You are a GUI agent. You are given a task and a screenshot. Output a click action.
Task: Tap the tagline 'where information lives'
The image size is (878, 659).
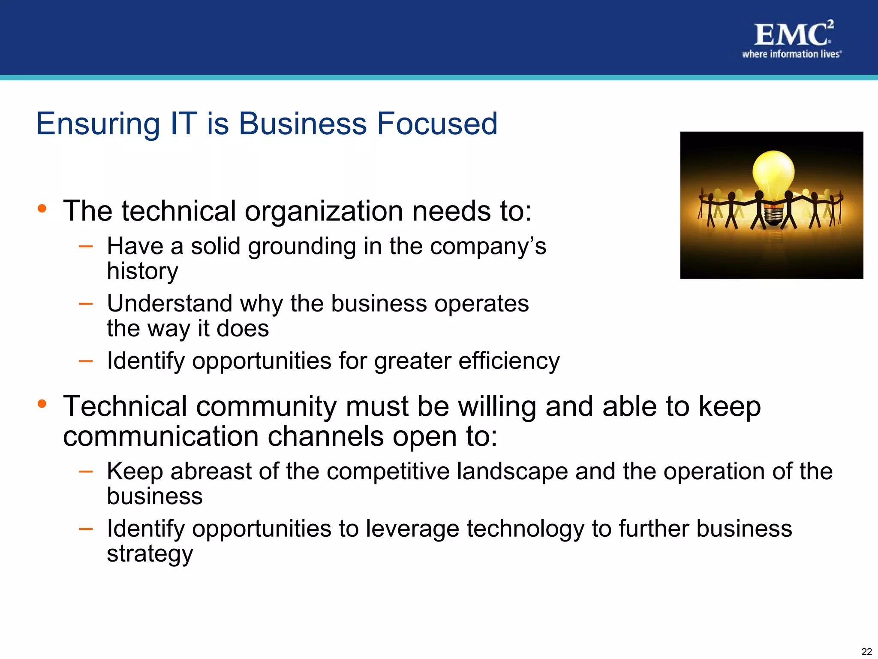(x=791, y=54)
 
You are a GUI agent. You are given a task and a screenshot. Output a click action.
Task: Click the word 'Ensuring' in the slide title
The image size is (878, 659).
(x=98, y=124)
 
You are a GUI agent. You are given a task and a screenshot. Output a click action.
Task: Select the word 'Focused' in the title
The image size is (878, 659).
(x=437, y=124)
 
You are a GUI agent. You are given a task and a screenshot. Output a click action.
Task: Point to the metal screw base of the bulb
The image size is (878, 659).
(x=773, y=217)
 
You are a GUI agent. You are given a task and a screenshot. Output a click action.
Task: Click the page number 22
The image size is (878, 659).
(x=866, y=652)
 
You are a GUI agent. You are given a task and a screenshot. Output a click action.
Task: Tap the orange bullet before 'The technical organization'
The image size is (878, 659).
(x=42, y=209)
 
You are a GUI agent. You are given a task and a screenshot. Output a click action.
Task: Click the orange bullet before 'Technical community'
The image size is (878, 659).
(x=42, y=404)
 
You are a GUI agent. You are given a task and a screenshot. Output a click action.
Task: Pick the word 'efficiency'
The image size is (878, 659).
(x=509, y=361)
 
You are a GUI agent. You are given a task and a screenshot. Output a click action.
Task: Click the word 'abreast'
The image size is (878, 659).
(x=210, y=472)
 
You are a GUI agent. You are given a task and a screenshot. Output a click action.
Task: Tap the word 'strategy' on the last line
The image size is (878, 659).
(x=150, y=554)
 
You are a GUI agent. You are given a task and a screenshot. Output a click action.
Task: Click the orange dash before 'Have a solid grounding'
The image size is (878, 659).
(x=86, y=246)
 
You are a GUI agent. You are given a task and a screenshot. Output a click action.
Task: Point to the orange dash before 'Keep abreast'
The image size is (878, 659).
(x=86, y=471)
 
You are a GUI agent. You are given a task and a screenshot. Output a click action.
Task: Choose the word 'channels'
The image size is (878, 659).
(x=325, y=437)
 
